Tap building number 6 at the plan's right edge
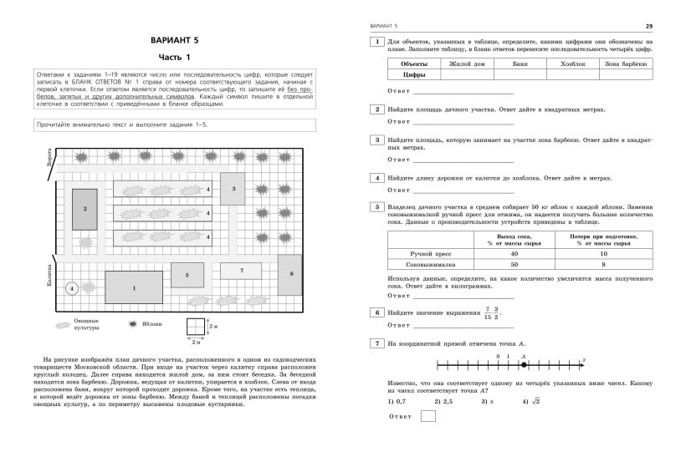(x=292, y=273)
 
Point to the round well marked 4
(x=72, y=288)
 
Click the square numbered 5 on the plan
(x=187, y=275)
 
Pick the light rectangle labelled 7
(x=241, y=271)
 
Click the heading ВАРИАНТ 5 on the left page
(x=176, y=39)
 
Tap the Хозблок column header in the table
(x=572, y=63)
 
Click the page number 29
(x=649, y=26)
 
